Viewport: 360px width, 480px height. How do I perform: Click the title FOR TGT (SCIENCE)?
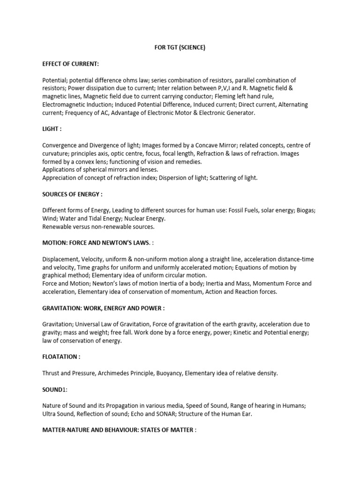point(180,48)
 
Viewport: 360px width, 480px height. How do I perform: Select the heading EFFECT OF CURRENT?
point(70,63)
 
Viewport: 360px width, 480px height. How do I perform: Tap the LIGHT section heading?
point(52,128)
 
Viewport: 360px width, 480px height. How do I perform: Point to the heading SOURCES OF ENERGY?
point(72,194)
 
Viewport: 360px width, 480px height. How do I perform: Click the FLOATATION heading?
point(61,357)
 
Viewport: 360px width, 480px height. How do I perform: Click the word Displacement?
point(60,259)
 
